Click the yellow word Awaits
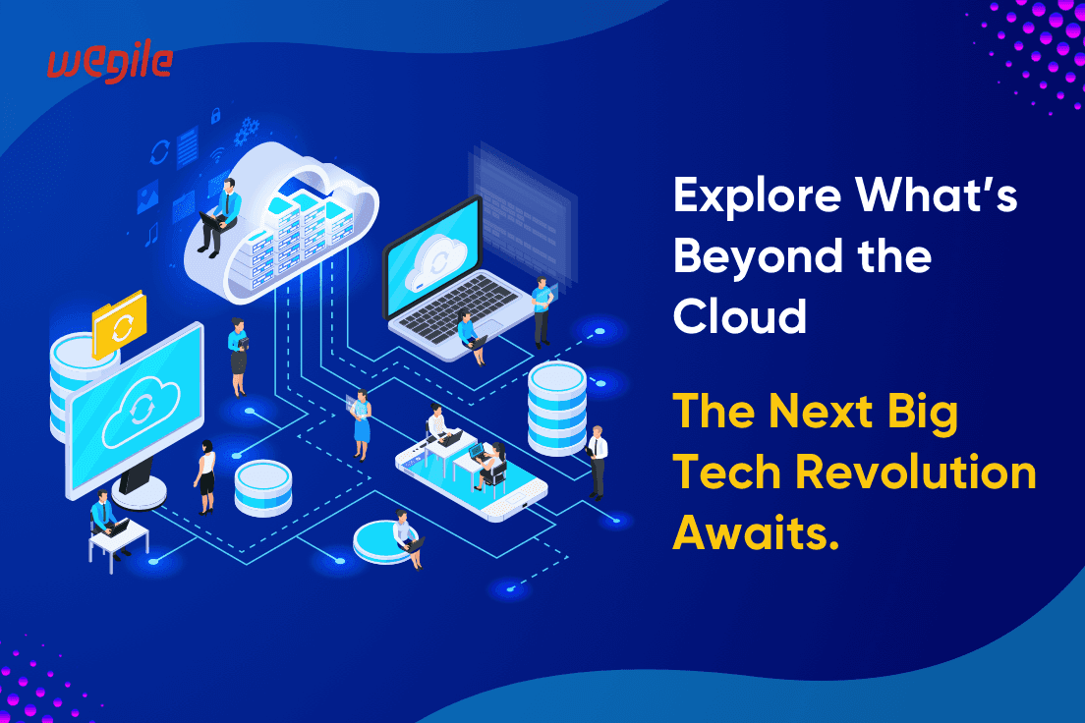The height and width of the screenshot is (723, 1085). (x=757, y=533)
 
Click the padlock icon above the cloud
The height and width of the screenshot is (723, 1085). (x=214, y=117)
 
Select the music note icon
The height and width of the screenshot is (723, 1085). (x=151, y=235)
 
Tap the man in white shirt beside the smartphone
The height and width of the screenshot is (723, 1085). (x=598, y=460)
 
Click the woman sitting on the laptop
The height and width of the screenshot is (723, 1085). (x=470, y=334)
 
